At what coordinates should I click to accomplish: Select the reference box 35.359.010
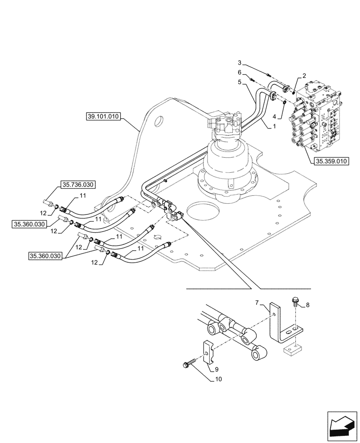[x=332, y=161]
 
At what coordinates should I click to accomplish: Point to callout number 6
[x=239, y=72]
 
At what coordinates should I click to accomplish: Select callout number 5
[x=239, y=82]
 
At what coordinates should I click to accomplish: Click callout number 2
[x=305, y=76]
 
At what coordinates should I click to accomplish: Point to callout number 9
[x=216, y=369]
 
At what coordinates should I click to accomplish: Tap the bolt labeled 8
[x=295, y=302]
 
